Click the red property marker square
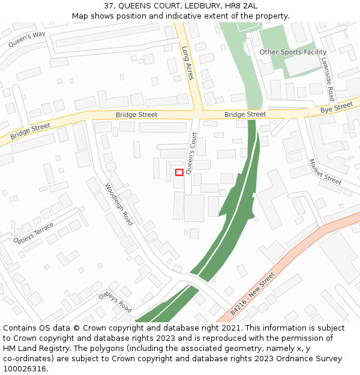pyautogui.click(x=179, y=172)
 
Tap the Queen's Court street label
pyautogui.click(x=191, y=153)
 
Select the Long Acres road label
pyautogui.click(x=188, y=64)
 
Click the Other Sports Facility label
pyautogui.click(x=293, y=52)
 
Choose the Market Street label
pyautogui.click(x=325, y=172)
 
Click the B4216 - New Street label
pyautogui.click(x=253, y=294)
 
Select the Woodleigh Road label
pyautogui.click(x=119, y=204)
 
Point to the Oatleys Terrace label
pyautogui.click(x=33, y=233)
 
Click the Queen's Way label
pyautogui.click(x=27, y=40)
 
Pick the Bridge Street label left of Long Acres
pyautogui.click(x=137, y=115)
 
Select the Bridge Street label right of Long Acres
pyautogui.click(x=245, y=114)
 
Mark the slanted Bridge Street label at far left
pyautogui.click(x=30, y=131)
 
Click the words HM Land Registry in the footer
pyautogui.click(x=33, y=348)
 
